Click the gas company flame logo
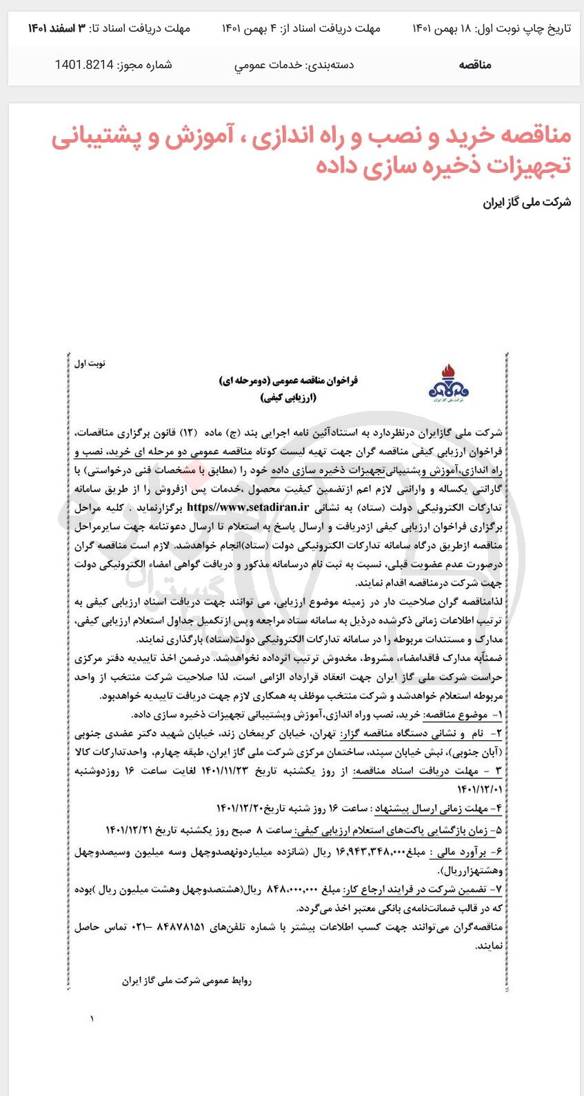(x=448, y=384)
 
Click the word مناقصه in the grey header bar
(x=474, y=65)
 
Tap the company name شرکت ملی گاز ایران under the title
(x=527, y=202)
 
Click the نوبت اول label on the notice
(x=90, y=363)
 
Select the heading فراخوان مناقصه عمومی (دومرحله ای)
(x=288, y=380)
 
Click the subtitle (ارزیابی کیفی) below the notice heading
(x=288, y=398)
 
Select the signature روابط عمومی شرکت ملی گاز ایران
(x=187, y=980)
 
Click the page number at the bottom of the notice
(x=91, y=1019)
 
